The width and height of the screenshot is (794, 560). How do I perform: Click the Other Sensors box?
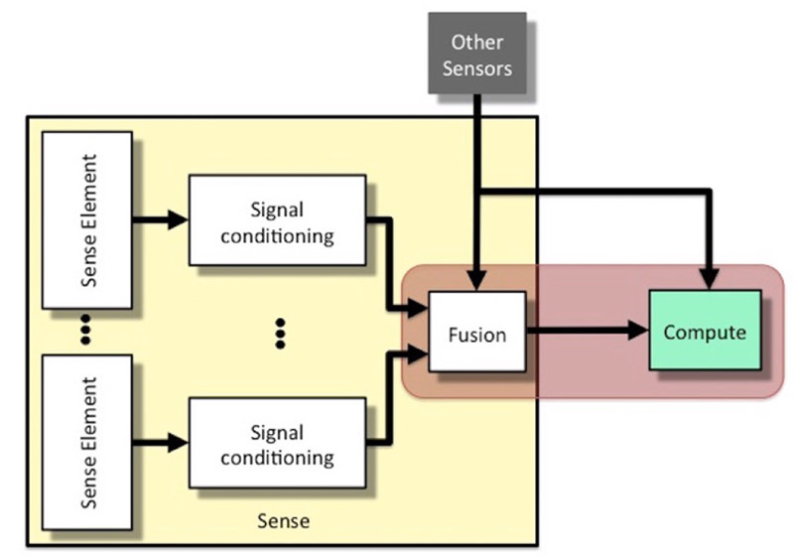pyautogui.click(x=477, y=54)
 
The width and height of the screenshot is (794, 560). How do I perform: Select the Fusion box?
pyautogui.click(x=477, y=334)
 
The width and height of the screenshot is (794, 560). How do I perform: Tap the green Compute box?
pyautogui.click(x=705, y=331)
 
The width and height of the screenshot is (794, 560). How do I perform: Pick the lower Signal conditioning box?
pyautogui.click(x=277, y=445)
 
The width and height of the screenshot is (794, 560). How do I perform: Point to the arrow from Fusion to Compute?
pyautogui.click(x=586, y=333)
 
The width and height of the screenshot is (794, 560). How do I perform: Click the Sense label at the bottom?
pyautogui.click(x=283, y=520)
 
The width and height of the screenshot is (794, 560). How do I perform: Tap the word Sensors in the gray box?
pyautogui.click(x=477, y=68)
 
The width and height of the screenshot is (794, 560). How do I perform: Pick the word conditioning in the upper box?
pyautogui.click(x=277, y=236)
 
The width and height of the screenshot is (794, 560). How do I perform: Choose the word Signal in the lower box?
pyautogui.click(x=277, y=432)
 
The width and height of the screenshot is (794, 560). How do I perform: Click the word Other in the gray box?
pyautogui.click(x=477, y=42)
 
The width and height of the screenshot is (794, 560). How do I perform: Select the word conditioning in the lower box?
pyautogui.click(x=277, y=458)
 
